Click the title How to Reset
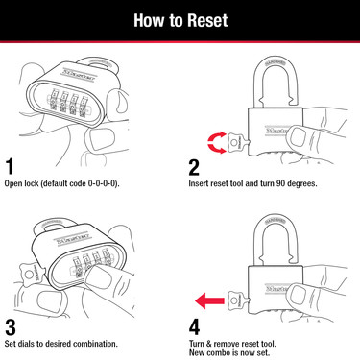click(180, 20)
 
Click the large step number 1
click(12, 165)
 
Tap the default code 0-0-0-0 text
click(92, 182)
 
